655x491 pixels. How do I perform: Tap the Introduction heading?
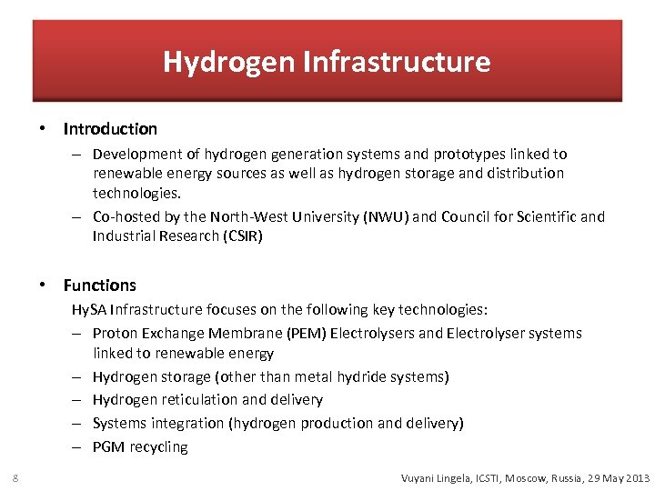tap(110, 129)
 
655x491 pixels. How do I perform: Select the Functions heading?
tap(100, 286)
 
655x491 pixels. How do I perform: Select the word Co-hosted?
tap(126, 216)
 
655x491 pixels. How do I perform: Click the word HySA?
tap(89, 309)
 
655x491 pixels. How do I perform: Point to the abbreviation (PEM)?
tap(302, 333)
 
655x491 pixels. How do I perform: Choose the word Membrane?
tap(241, 333)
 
